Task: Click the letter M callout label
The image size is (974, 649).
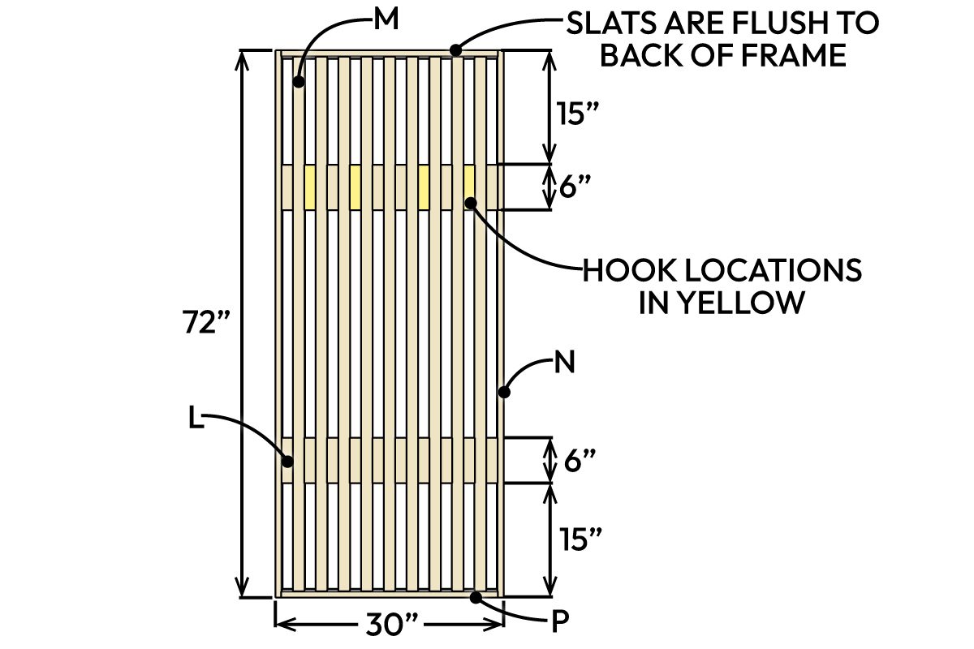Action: pos(386,20)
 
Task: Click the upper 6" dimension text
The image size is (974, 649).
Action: pos(579,188)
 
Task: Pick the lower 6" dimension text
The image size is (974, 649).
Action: pos(579,462)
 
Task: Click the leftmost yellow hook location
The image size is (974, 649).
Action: pos(309,187)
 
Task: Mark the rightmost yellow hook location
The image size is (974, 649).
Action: pos(469,187)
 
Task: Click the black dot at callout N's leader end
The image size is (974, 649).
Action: pos(504,393)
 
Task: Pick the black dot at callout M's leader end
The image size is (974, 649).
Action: pos(300,82)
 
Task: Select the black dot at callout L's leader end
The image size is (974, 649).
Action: pos(287,462)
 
